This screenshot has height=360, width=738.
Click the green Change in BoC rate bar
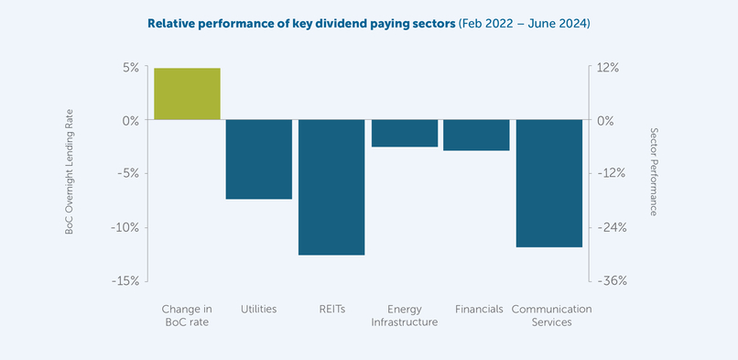pos(187,94)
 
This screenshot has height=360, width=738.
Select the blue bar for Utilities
pos(259,159)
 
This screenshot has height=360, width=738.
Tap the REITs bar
pos(331,187)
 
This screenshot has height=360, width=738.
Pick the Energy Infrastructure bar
pos(404,134)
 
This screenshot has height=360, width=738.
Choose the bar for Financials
pos(476,136)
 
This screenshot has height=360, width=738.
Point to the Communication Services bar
pos(549,183)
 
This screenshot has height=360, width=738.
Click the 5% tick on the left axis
pos(128,67)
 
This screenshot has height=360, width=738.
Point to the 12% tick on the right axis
pos(608,67)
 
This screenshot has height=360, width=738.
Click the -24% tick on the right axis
pos(611,227)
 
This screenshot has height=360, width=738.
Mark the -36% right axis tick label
pos(611,281)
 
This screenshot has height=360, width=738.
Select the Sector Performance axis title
pos(653,172)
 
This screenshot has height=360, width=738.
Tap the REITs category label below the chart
pos(331,310)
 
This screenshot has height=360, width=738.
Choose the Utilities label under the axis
pos(258,310)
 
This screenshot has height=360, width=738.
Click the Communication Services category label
pos(550,316)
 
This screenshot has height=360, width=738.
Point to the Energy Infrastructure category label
pos(404,316)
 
